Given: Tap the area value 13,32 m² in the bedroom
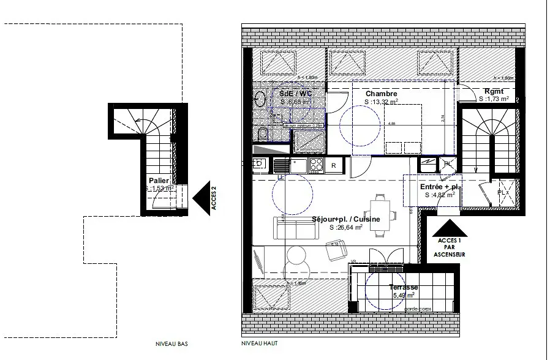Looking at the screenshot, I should [x=381, y=102].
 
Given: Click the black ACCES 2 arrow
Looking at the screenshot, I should [x=200, y=198].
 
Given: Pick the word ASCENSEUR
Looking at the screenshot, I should [x=448, y=253].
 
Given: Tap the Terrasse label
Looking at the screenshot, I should [x=403, y=287].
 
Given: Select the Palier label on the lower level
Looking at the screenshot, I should [x=159, y=181].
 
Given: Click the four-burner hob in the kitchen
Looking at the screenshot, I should [x=316, y=164].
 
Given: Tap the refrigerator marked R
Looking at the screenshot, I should [x=334, y=165].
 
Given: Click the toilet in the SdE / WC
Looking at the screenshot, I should [x=261, y=134].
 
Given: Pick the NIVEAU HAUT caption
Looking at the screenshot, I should [x=257, y=345].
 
